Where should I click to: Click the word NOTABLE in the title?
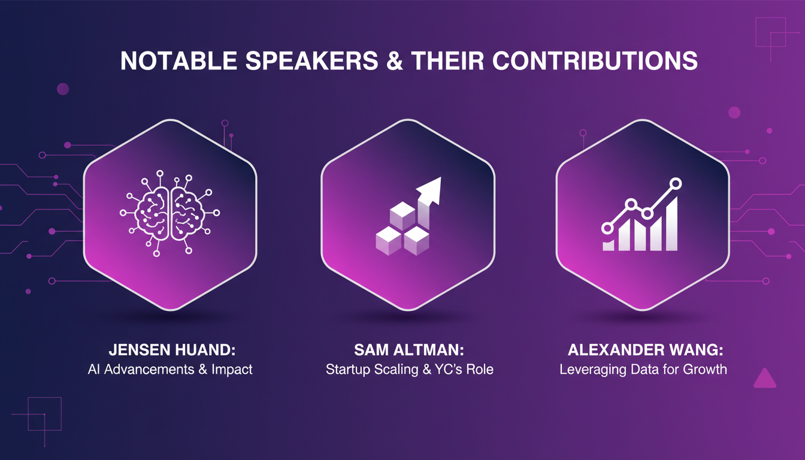[x=178, y=60]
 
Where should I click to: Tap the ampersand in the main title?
[x=394, y=60]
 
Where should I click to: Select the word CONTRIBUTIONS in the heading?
[x=595, y=60]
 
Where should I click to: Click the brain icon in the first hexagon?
[x=170, y=213]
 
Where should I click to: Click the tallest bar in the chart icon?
[x=672, y=223]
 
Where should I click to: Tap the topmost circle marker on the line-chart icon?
[x=676, y=183]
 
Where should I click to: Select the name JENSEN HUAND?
[x=172, y=350]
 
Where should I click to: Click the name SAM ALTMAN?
[x=409, y=350]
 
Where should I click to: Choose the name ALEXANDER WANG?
[x=646, y=350]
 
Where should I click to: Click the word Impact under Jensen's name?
[x=232, y=370]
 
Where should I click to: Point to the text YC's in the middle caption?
[x=450, y=370]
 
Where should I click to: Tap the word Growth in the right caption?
[x=705, y=370]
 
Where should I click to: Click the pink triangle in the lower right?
[x=765, y=379]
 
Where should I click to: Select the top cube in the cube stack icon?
[x=402, y=216]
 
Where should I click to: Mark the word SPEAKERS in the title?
[x=312, y=60]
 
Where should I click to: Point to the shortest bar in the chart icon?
[x=609, y=246]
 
